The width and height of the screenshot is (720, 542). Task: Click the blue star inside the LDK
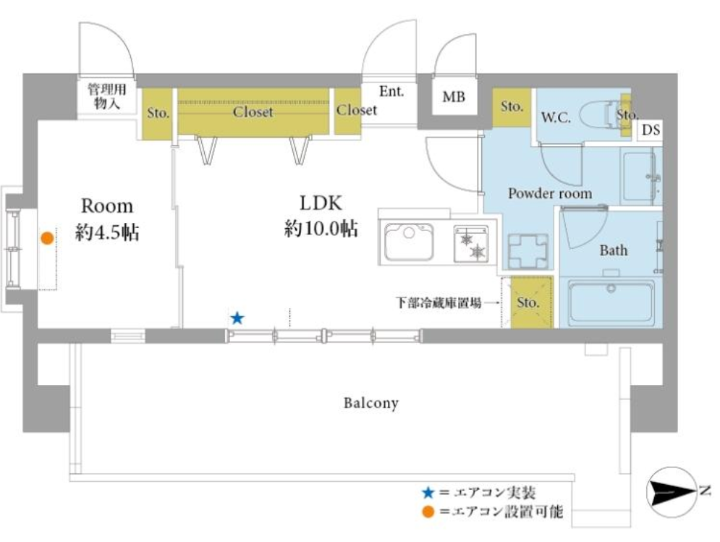click(237, 318)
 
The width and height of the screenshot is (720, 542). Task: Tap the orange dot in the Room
click(47, 238)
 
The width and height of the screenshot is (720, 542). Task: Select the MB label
click(454, 97)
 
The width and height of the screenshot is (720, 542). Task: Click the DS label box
click(651, 130)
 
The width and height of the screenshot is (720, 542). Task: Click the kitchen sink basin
click(409, 242)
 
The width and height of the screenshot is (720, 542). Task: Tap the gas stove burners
click(472, 244)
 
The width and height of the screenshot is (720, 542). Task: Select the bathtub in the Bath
click(611, 302)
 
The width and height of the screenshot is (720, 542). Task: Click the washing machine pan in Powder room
click(528, 251)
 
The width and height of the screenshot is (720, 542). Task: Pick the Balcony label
click(371, 403)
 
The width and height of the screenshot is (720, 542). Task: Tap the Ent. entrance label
click(391, 91)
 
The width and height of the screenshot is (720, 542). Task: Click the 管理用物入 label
click(106, 96)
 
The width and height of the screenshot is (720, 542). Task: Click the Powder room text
click(550, 193)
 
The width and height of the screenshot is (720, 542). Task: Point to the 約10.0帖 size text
click(321, 228)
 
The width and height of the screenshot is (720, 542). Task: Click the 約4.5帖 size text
click(107, 232)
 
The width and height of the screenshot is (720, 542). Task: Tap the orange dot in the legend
click(428, 511)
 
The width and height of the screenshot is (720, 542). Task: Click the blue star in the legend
click(428, 493)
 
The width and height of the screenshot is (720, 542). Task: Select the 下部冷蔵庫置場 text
click(439, 302)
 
